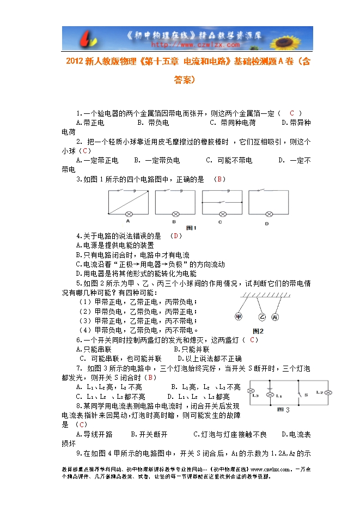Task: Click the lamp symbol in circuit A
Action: pos(129,213)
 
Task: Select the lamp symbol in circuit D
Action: pos(268,213)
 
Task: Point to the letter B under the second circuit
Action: pos(174,222)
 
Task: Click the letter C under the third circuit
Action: pos(220,222)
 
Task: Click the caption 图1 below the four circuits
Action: pos(191,227)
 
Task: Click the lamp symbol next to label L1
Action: pos(269,393)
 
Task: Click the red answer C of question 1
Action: pos(291,113)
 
